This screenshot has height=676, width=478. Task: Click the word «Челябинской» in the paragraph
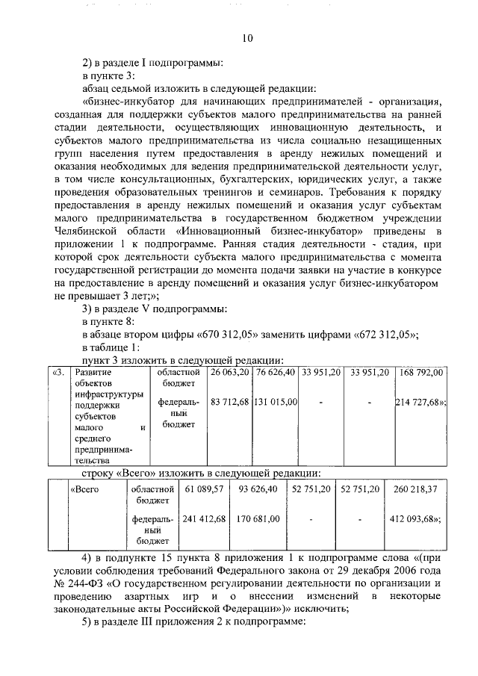pyautogui.click(x=88, y=232)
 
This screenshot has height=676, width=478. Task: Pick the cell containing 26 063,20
pyautogui.click(x=229, y=372)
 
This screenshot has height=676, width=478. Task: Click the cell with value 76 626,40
pyautogui.click(x=276, y=372)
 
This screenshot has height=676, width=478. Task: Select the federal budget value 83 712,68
pyautogui.click(x=229, y=402)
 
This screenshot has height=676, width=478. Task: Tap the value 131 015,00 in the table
pyautogui.click(x=276, y=402)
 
